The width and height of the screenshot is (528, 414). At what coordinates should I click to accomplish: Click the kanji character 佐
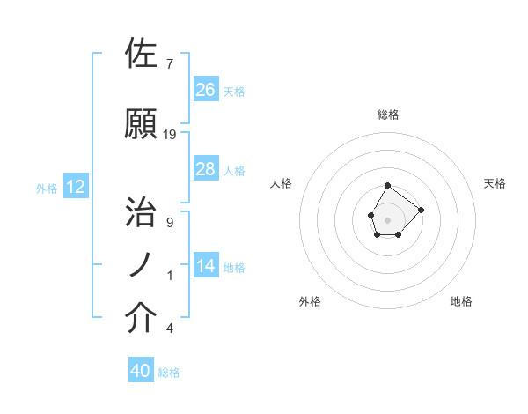[142, 55]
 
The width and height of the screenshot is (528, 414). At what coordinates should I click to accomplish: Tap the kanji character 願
[142, 125]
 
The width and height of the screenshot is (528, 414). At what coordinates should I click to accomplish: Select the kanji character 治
[142, 212]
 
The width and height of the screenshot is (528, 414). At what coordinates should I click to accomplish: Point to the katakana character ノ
[142, 265]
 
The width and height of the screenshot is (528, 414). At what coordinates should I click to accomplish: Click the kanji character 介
[142, 318]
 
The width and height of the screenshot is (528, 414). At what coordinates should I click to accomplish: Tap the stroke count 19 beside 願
[170, 135]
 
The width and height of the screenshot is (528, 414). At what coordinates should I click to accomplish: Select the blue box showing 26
[206, 90]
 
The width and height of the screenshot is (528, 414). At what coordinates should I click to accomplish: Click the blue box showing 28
[206, 169]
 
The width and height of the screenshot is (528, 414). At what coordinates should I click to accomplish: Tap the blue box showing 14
[206, 266]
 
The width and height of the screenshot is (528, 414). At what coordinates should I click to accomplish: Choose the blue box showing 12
[76, 187]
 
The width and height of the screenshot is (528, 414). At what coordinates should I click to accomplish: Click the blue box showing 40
[141, 371]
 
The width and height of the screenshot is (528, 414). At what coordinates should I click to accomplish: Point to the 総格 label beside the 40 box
[169, 373]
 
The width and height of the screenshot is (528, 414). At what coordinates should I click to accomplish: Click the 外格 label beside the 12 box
[47, 188]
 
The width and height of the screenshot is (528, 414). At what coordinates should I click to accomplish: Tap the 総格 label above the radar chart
[388, 115]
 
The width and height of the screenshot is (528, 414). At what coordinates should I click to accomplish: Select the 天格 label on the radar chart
[495, 183]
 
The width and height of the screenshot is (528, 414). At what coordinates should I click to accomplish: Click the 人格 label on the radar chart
[282, 183]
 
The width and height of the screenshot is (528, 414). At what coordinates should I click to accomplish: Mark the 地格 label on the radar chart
[461, 301]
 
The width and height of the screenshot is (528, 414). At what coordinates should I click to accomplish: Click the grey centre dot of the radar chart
[388, 218]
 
